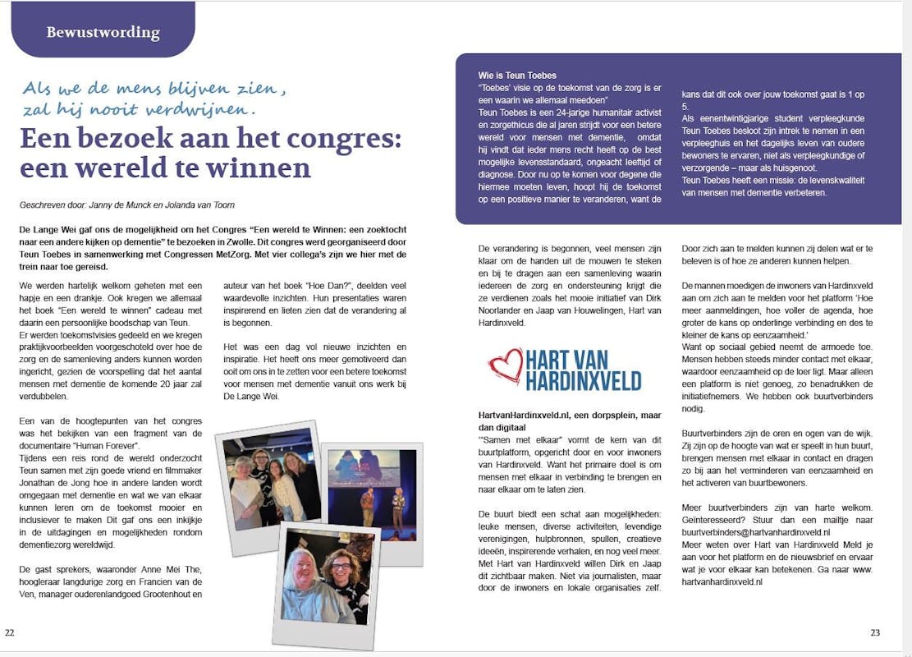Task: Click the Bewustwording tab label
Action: click(x=103, y=33)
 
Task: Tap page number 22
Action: click(x=10, y=632)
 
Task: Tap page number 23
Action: click(x=875, y=632)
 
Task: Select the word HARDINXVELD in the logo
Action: click(x=584, y=381)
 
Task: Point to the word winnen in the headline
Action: click(x=266, y=168)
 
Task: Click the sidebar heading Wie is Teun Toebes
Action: click(x=518, y=76)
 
